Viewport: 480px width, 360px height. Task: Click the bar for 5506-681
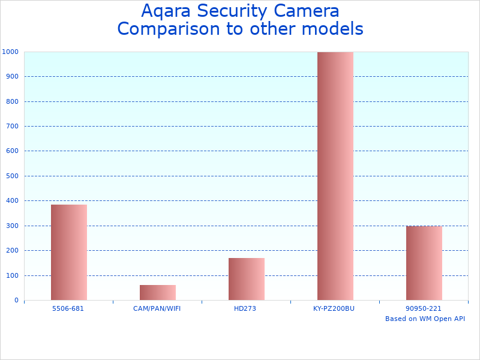tap(68, 252)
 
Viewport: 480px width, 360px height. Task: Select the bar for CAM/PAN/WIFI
tap(157, 292)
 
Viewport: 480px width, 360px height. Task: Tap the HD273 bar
tap(246, 279)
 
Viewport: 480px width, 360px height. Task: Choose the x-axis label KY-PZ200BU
tap(334, 308)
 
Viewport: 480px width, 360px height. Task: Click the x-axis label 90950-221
tap(424, 308)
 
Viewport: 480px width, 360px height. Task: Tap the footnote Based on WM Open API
tap(425, 319)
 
